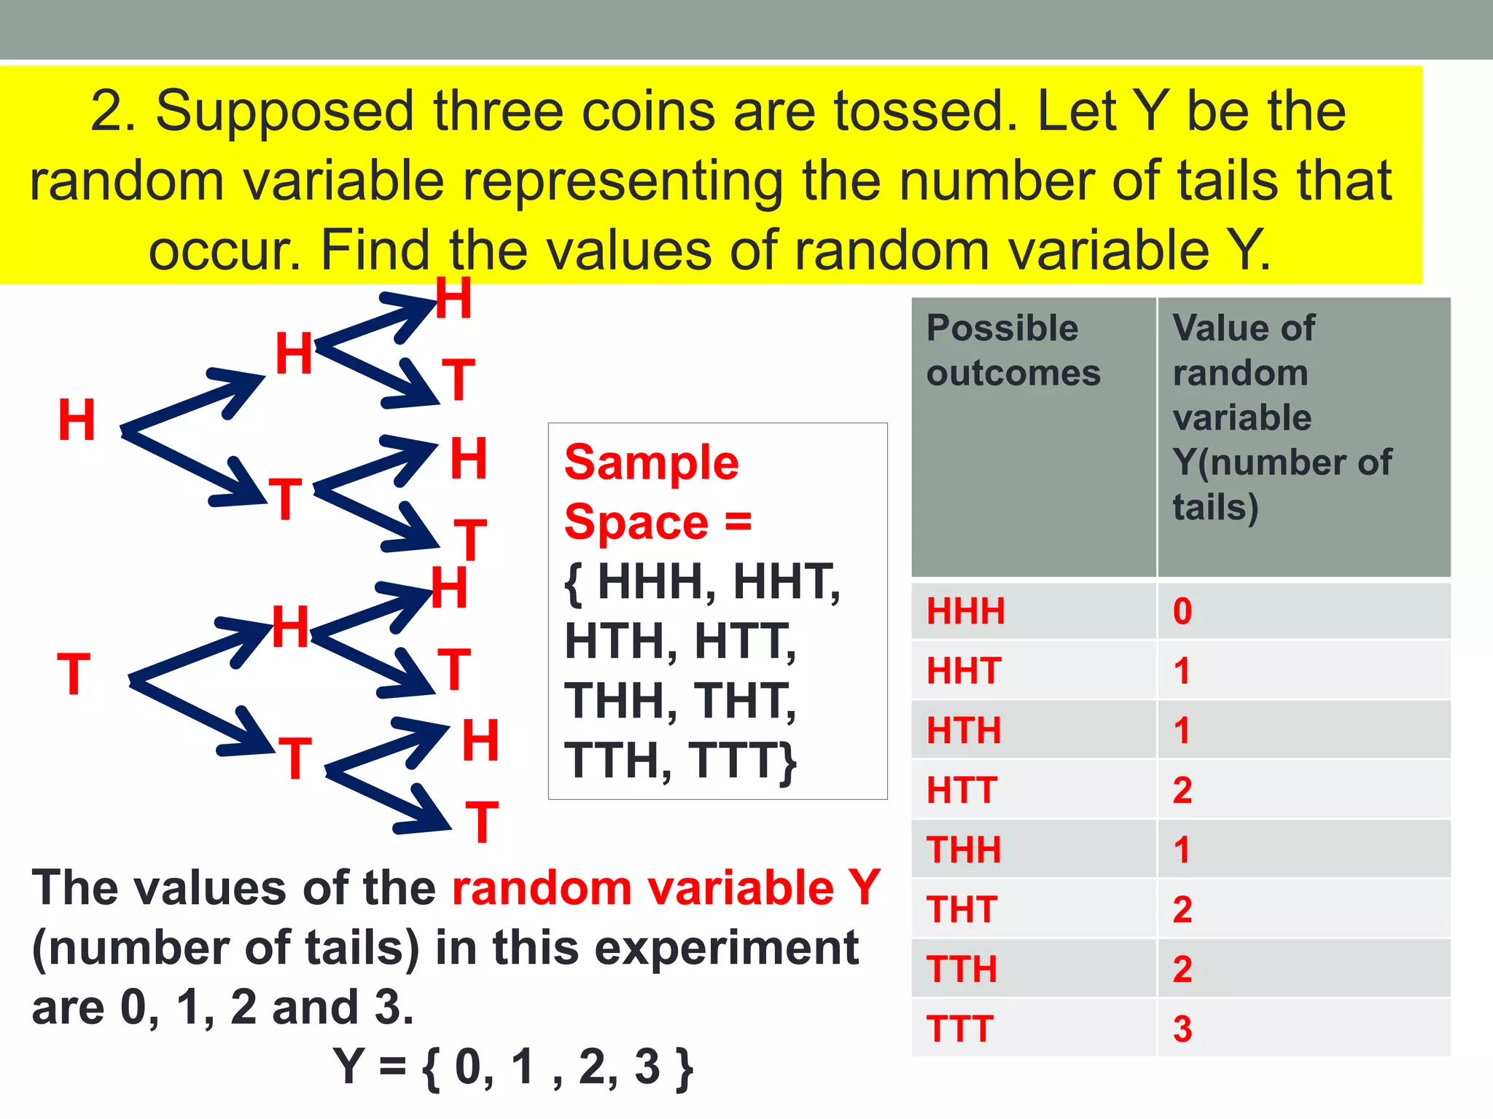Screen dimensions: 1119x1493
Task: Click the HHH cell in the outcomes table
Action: pos(965,610)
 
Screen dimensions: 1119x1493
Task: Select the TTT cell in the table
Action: pos(959,1029)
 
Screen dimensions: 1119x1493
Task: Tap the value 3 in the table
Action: pos(1182,1029)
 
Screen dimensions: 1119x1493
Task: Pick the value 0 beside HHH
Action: pos(1182,610)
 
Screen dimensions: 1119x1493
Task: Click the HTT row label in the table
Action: pos(962,790)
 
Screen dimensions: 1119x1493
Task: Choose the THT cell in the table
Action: pos(962,909)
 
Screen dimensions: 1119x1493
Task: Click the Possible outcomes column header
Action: pos(1013,350)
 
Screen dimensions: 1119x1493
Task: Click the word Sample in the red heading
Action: pos(652,463)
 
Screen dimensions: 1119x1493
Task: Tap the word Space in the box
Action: pos(636,522)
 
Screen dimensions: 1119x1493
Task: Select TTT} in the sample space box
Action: pos(744,761)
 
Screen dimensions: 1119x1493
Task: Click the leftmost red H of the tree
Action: pos(77,420)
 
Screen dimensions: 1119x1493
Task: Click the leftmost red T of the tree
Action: pos(74,675)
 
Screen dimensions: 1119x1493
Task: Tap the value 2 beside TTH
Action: pos(1182,969)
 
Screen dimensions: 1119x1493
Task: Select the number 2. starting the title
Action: pos(113,111)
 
